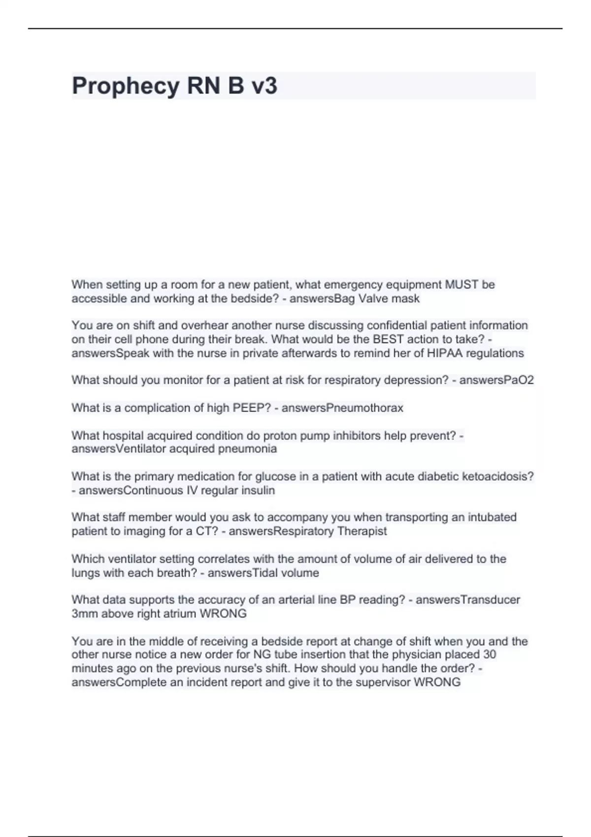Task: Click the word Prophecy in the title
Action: [x=126, y=86]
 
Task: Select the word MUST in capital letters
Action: [x=461, y=285]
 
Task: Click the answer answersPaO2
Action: [x=496, y=380]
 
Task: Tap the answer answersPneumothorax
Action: [x=342, y=408]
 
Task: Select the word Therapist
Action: [x=362, y=531]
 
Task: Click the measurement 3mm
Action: [x=84, y=613]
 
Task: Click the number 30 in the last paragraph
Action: [x=490, y=654]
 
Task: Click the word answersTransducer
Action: [x=468, y=600]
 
